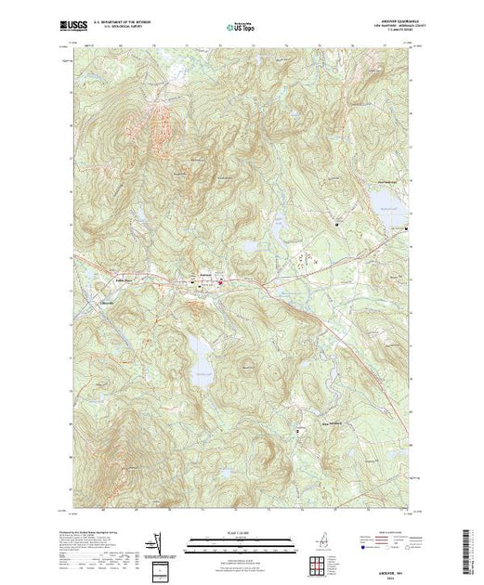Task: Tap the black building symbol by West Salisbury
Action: point(296,432)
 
